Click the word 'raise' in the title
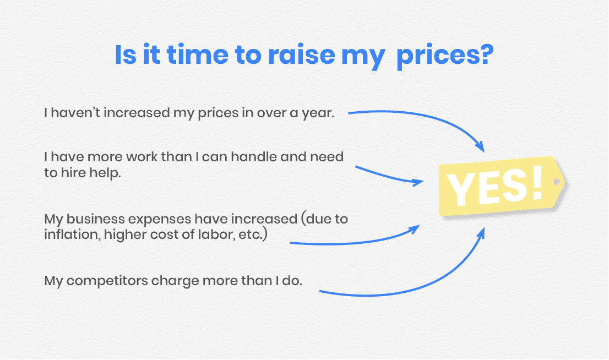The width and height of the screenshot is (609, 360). (301, 54)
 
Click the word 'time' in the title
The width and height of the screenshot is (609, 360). (198, 54)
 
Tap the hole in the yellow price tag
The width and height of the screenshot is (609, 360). (557, 182)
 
